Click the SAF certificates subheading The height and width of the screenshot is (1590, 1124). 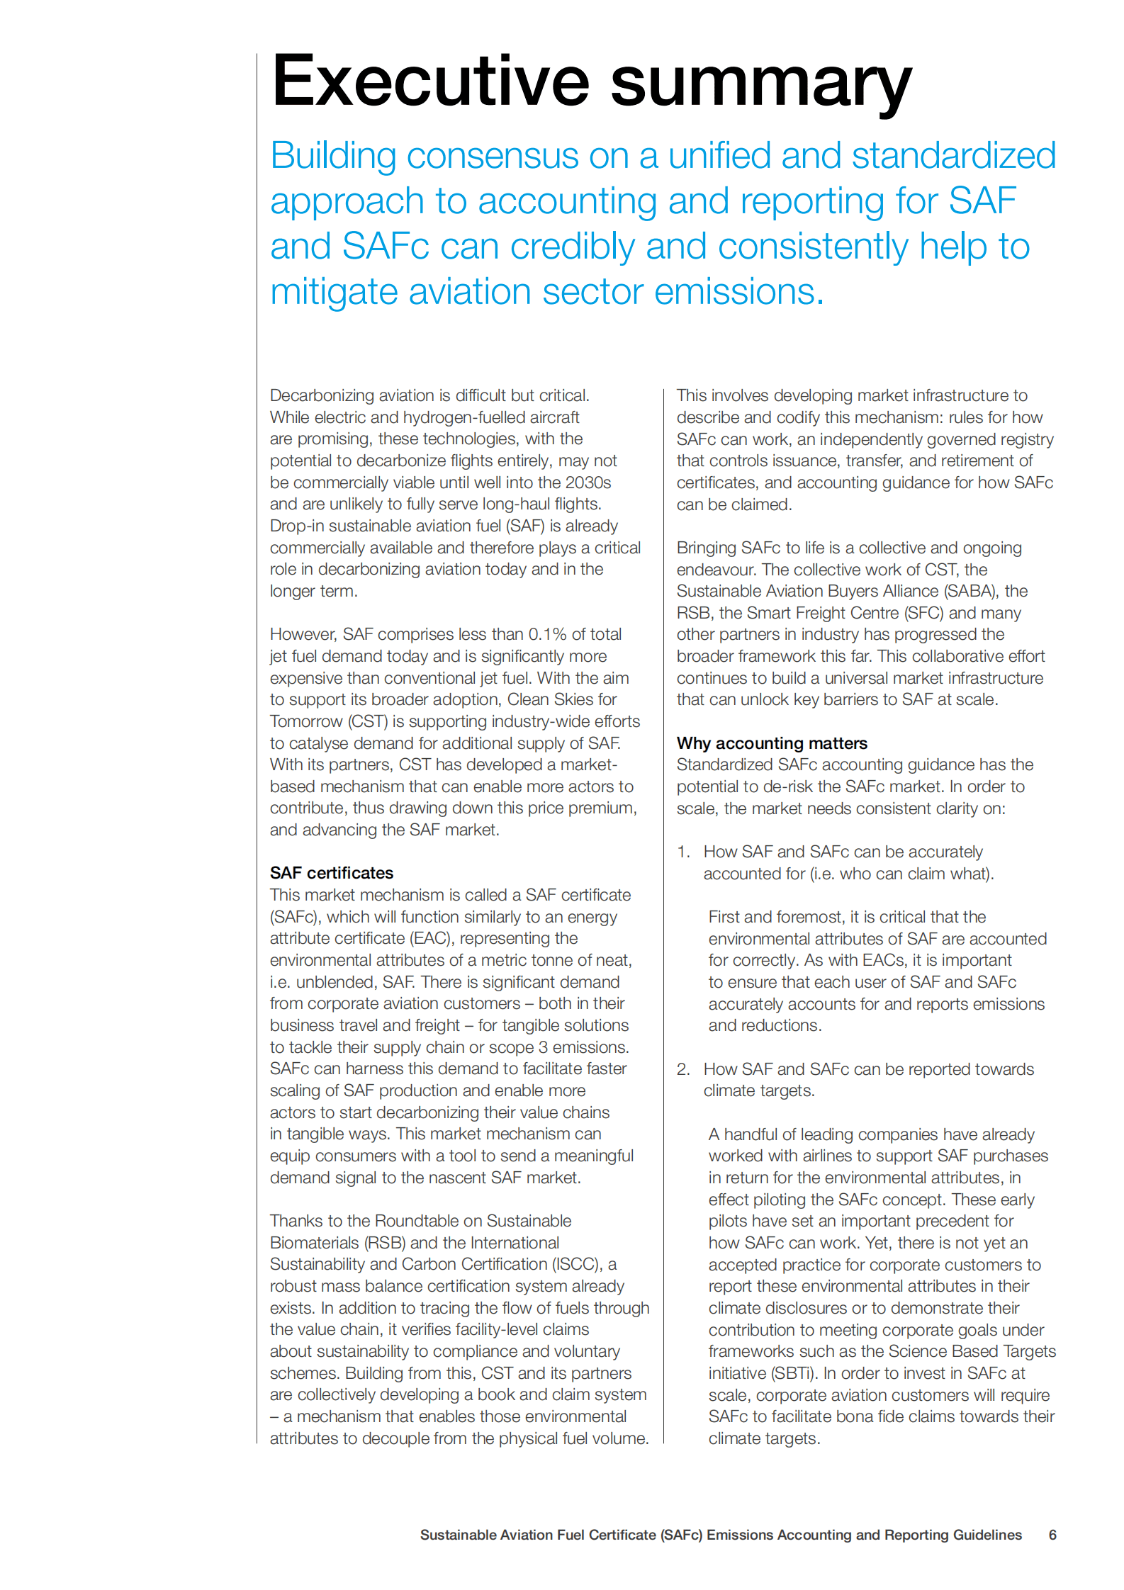pos(331,873)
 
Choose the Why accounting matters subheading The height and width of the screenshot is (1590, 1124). pos(771,743)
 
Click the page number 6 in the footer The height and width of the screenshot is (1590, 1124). pos(1052,1535)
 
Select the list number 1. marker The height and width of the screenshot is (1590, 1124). pos(683,852)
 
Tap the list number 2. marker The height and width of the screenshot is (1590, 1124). pos(683,1069)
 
